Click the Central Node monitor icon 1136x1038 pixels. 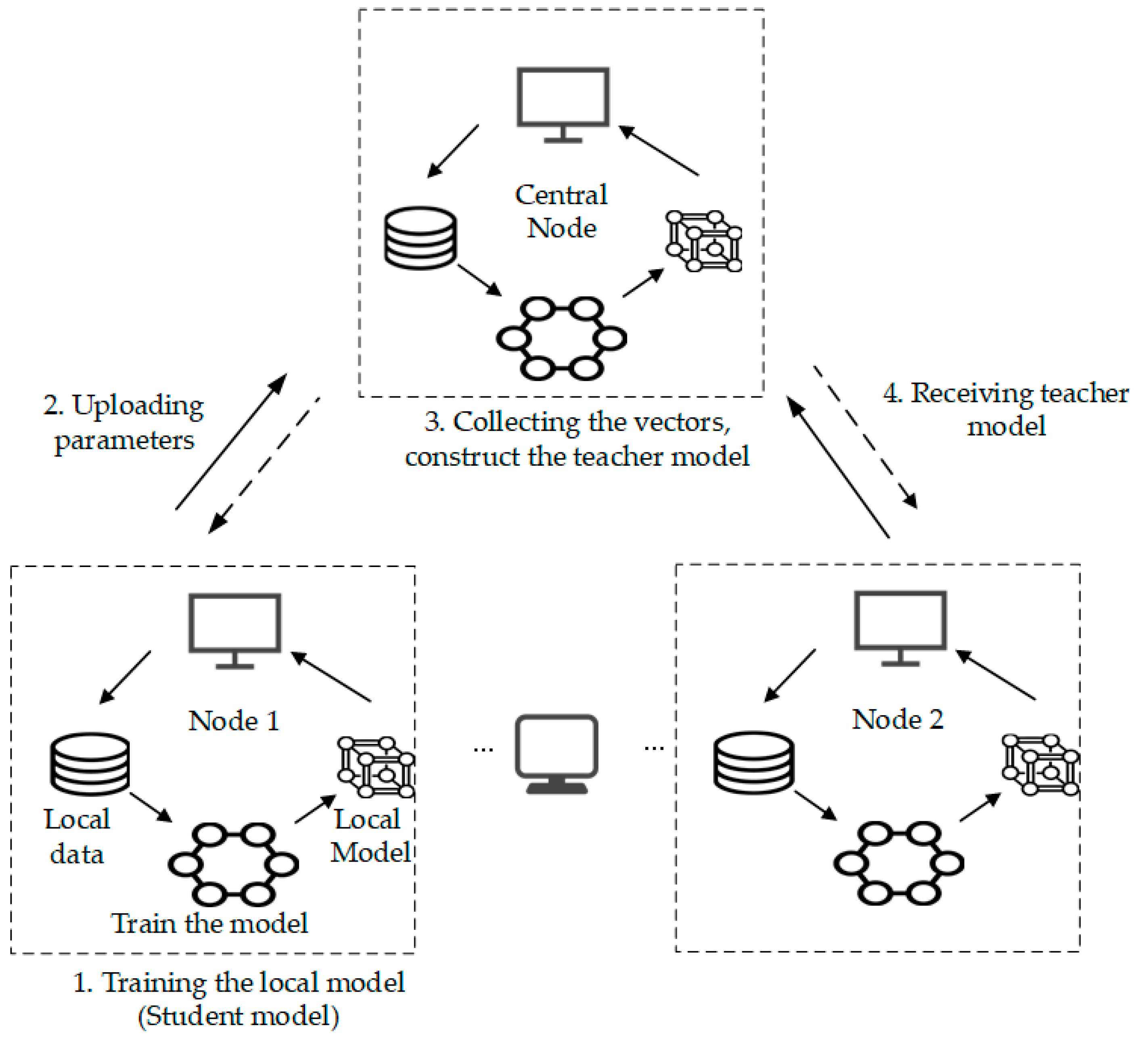(563, 101)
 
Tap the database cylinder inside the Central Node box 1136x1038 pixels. (421, 238)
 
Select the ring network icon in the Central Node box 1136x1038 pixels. (561, 339)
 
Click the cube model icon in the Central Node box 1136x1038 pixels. (704, 241)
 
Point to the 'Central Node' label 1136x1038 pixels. (561, 211)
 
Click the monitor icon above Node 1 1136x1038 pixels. (234, 628)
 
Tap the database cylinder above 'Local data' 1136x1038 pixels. (90, 764)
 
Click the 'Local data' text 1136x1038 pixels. (77, 837)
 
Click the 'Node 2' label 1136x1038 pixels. (898, 720)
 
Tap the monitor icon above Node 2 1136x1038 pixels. (900, 626)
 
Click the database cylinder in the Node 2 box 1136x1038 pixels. (754, 762)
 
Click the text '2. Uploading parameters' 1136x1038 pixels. (124, 422)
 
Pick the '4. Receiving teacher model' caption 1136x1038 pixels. (1006, 409)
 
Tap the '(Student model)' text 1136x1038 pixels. (239, 1016)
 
